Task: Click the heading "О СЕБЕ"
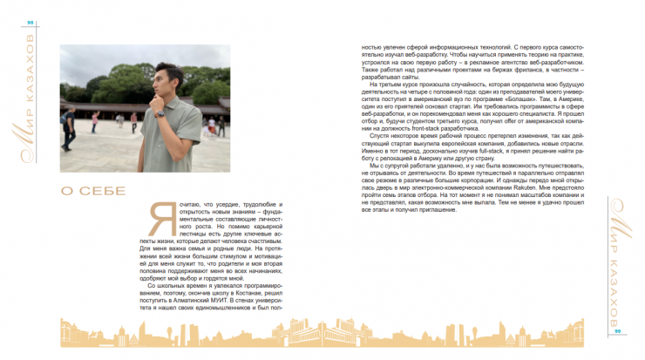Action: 92,190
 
